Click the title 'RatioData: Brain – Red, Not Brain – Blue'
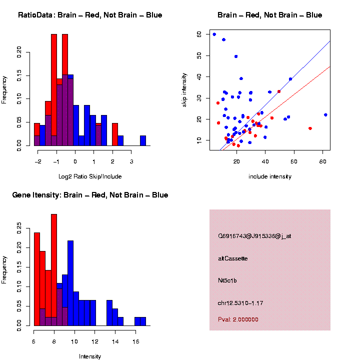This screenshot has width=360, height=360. pyautogui.click(x=90, y=15)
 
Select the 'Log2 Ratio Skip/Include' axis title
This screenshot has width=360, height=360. pyautogui.click(x=89, y=176)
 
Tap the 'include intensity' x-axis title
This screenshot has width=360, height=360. pyautogui.click(x=270, y=176)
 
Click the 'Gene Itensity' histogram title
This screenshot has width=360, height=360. pyautogui.click(x=90, y=195)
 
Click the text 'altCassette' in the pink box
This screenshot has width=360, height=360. pyautogui.click(x=233, y=258)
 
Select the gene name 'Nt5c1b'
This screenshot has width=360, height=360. pyautogui.click(x=227, y=280)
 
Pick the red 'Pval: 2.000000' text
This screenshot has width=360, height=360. pyautogui.click(x=238, y=319)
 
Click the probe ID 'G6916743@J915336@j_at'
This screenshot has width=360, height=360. pyautogui.click(x=254, y=236)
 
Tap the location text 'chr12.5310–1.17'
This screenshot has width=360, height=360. pyautogui.click(x=240, y=303)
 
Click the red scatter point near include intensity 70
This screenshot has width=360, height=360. pyautogui.click(x=310, y=128)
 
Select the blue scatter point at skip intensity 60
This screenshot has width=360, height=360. pyautogui.click(x=214, y=34)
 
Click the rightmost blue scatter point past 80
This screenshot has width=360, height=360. pyautogui.click(x=325, y=115)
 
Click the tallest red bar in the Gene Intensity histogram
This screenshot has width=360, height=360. pyautogui.click(x=54, y=270)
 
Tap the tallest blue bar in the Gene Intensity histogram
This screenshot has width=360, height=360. pyautogui.click(x=70, y=283)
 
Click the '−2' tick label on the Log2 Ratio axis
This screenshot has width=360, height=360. pyautogui.click(x=38, y=162)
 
